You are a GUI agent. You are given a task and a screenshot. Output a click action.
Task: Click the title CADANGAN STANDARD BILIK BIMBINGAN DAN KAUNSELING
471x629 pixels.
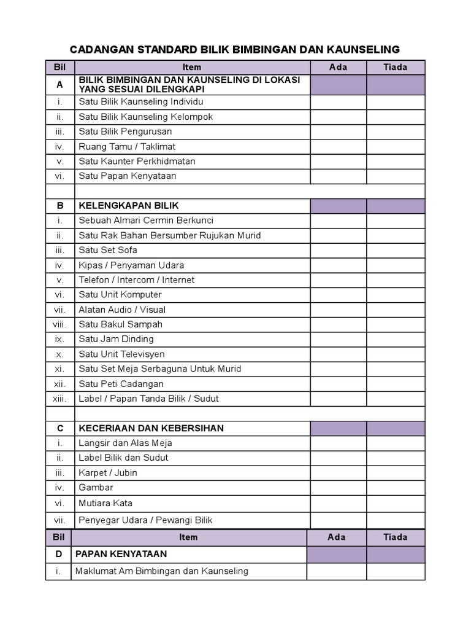235,49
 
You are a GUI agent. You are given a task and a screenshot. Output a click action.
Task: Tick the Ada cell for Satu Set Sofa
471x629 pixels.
338,250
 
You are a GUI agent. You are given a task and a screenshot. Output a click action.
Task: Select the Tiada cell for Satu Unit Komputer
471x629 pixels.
396,295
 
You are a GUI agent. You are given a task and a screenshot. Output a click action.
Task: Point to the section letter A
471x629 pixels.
59,85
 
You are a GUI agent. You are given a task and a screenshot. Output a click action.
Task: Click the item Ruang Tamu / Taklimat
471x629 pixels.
127,146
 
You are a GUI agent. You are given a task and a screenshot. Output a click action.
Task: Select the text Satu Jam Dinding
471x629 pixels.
116,339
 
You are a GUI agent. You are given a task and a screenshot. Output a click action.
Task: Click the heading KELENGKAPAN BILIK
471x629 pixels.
129,205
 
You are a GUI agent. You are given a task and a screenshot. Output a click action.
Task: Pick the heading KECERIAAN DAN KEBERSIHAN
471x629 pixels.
151,428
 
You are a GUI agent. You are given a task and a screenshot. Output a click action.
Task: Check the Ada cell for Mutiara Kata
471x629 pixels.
338,503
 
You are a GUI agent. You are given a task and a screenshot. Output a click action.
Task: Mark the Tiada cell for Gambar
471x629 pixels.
396,487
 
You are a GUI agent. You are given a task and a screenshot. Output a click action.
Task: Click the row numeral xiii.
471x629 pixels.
59,399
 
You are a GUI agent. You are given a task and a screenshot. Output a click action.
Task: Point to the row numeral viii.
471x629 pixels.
59,324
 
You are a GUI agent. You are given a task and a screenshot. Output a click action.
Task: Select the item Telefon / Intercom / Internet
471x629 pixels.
136,280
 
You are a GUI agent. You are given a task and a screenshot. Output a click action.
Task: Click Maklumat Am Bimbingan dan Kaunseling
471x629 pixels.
161,571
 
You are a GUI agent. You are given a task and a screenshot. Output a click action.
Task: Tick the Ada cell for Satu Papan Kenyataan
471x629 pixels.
338,176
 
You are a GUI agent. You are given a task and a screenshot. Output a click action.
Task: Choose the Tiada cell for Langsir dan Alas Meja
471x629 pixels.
396,443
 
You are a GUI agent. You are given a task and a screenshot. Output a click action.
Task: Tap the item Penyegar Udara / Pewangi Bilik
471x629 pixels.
145,520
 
